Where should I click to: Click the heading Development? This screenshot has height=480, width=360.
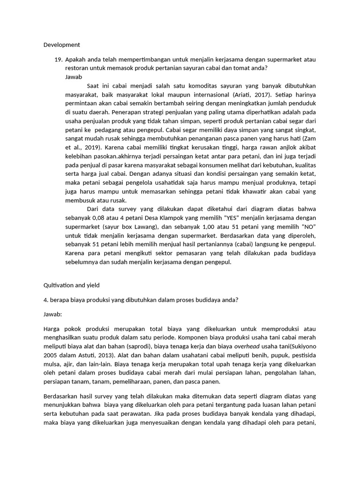[62, 45]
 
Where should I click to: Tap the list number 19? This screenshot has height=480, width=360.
[59, 60]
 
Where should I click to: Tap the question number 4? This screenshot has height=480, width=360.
[45, 300]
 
